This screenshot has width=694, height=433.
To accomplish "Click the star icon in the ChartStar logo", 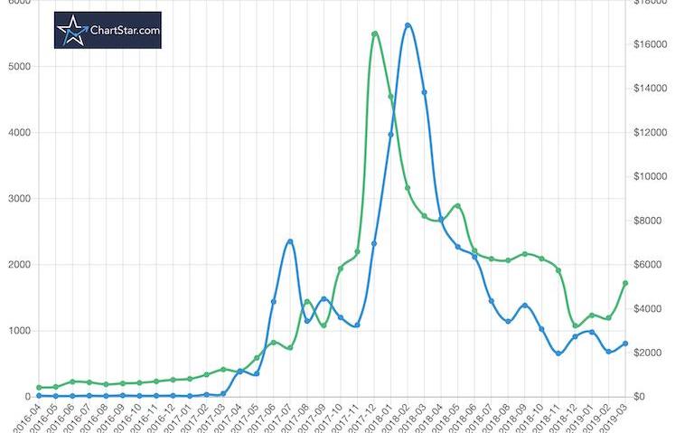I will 71,31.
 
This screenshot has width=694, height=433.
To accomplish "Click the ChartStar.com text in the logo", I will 125,30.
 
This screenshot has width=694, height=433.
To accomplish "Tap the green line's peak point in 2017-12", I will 374,34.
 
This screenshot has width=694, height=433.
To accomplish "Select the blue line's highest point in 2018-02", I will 408,25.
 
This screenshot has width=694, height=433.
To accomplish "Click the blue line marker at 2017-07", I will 290,241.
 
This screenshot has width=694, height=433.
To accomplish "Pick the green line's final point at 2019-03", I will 624,283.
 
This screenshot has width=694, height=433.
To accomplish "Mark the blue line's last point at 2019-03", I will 624,344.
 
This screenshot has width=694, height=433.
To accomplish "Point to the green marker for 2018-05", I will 458,206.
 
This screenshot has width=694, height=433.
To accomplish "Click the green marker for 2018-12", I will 575,325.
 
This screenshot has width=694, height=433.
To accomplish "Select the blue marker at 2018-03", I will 424,92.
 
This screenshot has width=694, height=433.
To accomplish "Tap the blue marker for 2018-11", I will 558,353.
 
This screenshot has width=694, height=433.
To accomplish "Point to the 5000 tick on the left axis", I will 19,67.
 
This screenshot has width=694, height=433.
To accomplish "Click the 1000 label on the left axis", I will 19,331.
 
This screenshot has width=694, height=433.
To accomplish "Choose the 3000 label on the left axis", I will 19,199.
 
